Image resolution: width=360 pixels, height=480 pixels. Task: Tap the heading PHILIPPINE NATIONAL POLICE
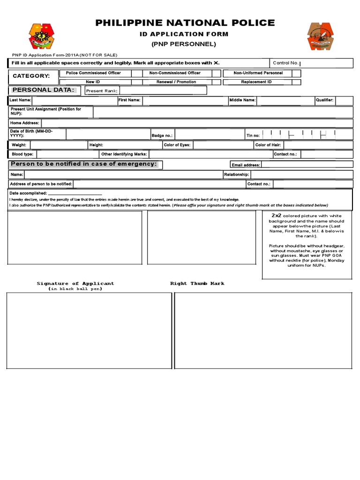(185, 23)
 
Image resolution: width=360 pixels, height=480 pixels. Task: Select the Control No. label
(285, 63)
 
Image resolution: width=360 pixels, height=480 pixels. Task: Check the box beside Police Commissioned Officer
(137, 74)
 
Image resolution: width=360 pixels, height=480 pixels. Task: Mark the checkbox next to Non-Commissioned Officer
(216, 74)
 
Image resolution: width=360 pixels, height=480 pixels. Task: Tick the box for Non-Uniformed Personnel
(296, 74)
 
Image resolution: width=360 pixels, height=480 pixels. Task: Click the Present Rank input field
(163, 90)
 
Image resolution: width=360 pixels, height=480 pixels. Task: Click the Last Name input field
(74, 100)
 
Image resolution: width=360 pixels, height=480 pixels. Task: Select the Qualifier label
(324, 100)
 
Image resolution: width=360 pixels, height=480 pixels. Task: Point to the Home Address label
(25, 123)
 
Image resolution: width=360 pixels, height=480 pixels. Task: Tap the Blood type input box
(67, 154)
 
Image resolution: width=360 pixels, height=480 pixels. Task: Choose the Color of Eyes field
(223, 145)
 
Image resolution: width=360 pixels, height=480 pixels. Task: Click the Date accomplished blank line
(75, 193)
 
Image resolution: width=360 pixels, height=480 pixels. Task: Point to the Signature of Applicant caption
(75, 284)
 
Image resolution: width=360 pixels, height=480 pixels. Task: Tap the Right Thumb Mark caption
(197, 284)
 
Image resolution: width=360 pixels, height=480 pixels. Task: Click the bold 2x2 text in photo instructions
(276, 215)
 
